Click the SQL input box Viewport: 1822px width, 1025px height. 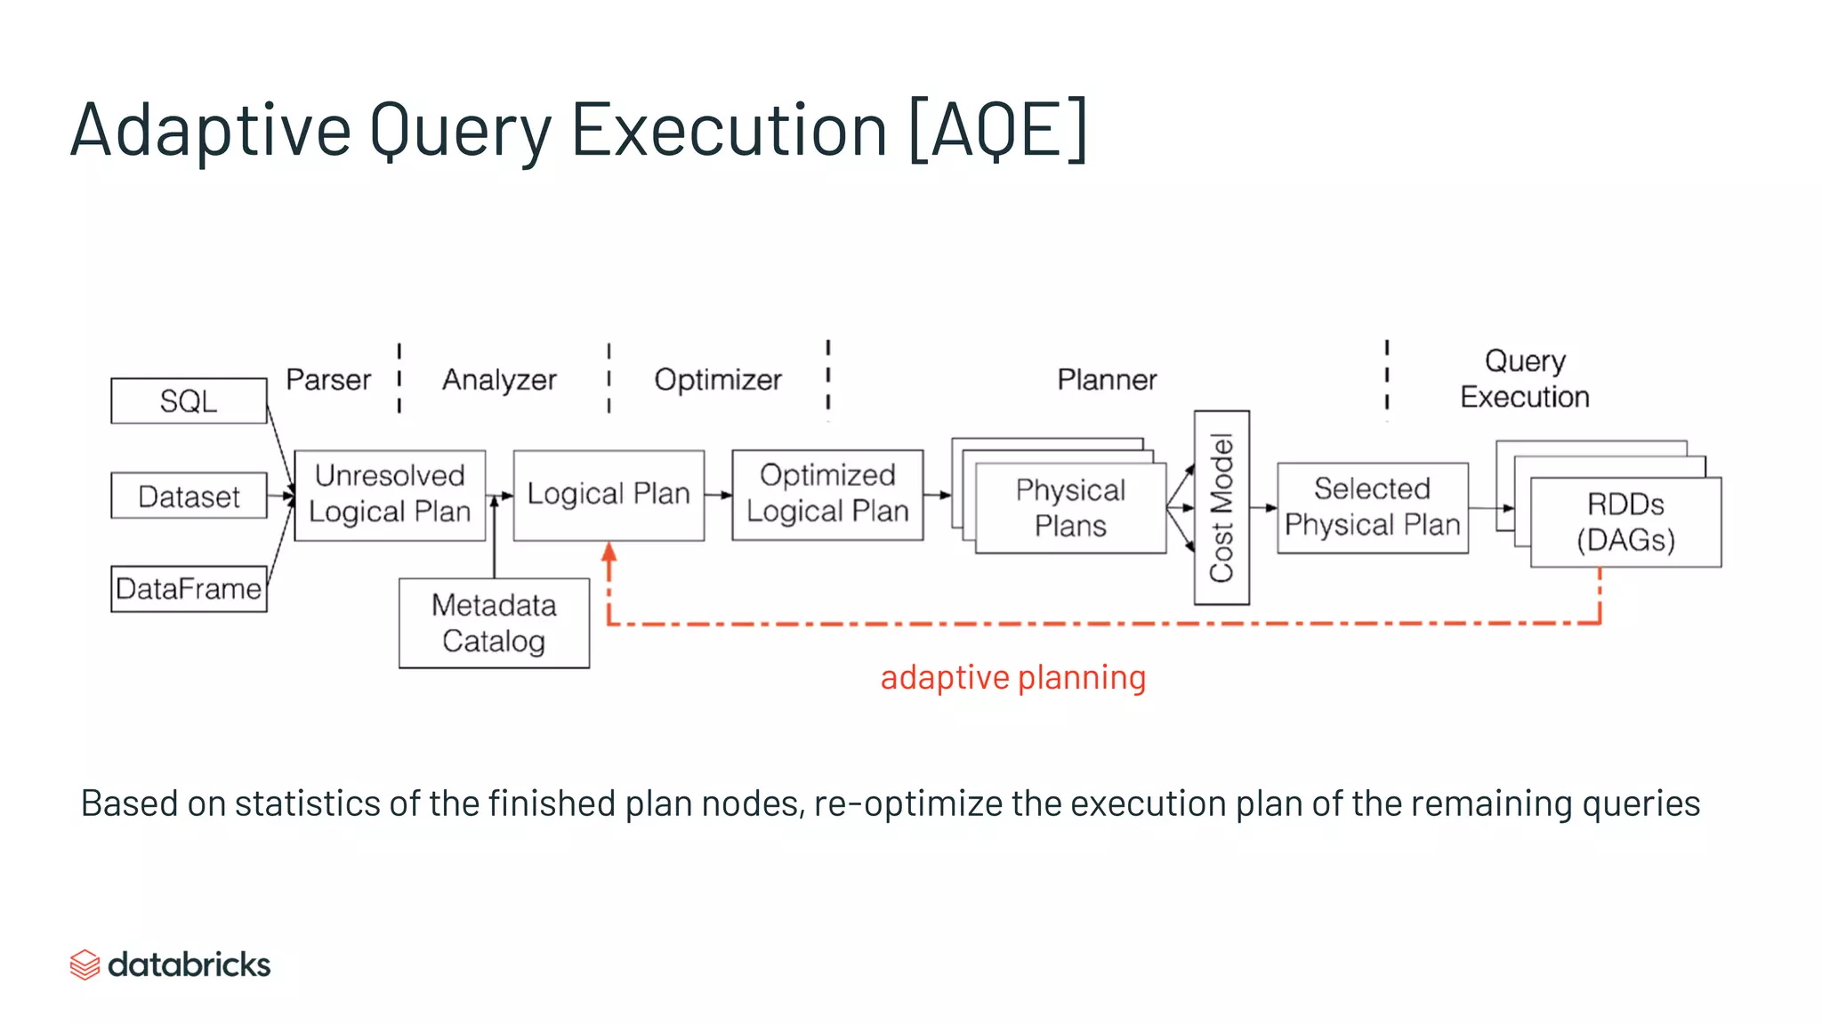click(189, 401)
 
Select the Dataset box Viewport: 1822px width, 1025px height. click(189, 496)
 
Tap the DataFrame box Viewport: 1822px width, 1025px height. click(189, 589)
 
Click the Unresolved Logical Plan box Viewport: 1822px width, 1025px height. click(390, 495)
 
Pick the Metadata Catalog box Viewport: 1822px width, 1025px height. click(494, 623)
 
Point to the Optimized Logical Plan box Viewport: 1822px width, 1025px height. click(827, 495)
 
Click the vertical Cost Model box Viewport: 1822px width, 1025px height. click(1221, 508)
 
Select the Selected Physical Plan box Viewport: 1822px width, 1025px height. click(1372, 507)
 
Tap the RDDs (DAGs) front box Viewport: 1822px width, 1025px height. click(1625, 522)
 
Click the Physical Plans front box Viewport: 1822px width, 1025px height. click(1070, 508)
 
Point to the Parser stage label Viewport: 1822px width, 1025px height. click(327, 380)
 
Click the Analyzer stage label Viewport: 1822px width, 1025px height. click(499, 380)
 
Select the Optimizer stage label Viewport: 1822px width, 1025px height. click(718, 380)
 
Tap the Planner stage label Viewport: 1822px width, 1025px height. click(1107, 380)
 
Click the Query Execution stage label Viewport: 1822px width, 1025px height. click(1524, 379)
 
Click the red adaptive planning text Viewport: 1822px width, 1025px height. click(1012, 678)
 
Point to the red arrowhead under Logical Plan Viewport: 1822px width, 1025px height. click(609, 552)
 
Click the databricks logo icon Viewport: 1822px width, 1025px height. click(85, 964)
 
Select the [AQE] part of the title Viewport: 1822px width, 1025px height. click(997, 130)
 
